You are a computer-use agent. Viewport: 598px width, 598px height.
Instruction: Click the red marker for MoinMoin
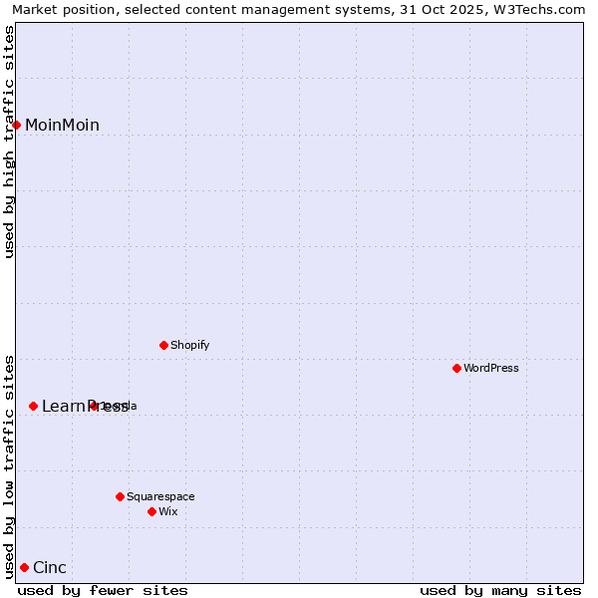[17, 125]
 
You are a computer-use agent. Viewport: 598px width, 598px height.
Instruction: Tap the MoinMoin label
[62, 125]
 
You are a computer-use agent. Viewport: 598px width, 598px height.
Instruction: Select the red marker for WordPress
[457, 368]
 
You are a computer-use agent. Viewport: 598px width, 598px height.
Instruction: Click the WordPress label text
[491, 368]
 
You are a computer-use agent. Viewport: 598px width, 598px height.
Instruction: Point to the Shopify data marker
[164, 345]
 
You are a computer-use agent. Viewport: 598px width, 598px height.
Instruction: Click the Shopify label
[189, 345]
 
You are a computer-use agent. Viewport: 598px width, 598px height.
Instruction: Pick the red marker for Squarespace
[121, 496]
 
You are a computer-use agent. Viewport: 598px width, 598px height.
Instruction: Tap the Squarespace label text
[160, 496]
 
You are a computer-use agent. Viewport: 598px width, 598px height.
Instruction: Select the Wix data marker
[152, 511]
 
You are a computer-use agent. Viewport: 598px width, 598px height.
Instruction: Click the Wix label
[168, 511]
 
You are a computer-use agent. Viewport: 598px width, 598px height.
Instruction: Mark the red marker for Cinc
[25, 568]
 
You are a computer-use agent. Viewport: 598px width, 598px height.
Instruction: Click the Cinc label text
[50, 568]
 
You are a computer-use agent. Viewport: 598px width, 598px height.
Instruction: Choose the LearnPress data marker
[34, 406]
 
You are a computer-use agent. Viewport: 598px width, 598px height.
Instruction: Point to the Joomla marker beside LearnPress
[94, 406]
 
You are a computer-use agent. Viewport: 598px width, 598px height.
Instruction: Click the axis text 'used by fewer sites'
[103, 590]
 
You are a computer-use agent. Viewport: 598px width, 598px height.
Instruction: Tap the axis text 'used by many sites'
[500, 590]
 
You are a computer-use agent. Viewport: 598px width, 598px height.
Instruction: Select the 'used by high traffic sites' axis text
[10, 142]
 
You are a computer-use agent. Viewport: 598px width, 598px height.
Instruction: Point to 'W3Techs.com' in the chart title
[542, 9]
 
